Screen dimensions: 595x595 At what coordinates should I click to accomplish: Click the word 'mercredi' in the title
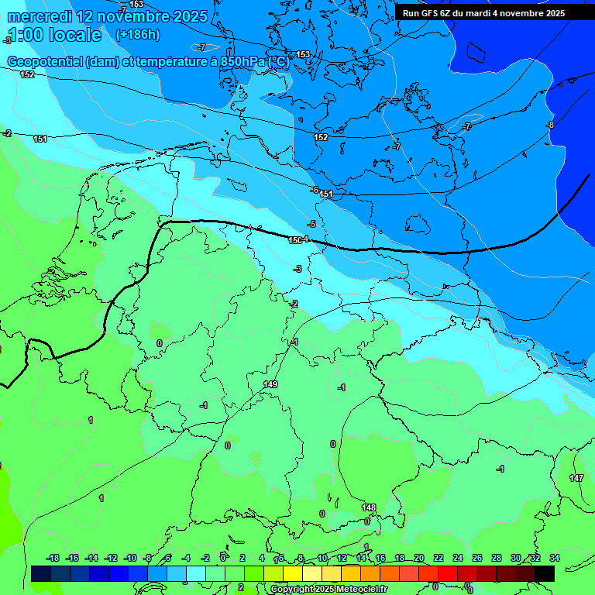39,16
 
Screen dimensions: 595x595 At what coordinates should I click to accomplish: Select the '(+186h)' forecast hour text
137,35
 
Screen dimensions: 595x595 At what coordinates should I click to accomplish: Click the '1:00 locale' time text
54,35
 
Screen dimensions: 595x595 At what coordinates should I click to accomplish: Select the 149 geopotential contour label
270,384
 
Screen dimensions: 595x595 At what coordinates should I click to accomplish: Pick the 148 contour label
369,507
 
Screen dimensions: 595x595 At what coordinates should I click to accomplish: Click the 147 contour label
576,478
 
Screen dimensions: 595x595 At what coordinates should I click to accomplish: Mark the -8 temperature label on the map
550,125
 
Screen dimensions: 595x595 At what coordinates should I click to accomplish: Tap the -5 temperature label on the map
311,224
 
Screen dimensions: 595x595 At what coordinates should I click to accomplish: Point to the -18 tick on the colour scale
53,558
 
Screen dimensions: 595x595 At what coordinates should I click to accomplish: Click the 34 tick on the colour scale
554,558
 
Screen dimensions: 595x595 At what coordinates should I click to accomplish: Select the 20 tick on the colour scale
419,558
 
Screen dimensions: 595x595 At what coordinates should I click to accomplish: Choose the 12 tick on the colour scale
342,558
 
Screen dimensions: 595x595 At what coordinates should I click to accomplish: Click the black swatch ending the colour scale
545,573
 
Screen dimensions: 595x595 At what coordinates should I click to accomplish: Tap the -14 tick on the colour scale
91,558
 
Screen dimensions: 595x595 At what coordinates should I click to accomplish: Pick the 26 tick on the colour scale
477,558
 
